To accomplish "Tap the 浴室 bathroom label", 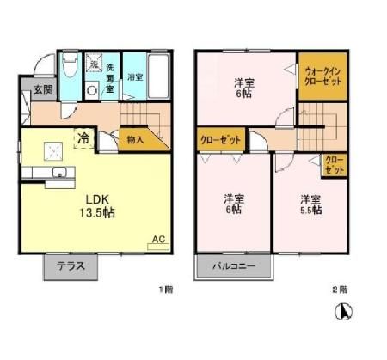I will coord(135,76).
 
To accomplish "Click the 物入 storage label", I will coord(135,137).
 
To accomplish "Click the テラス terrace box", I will coord(71,265).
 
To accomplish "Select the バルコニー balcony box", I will coord(235,266).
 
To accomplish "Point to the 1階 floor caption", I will coord(165,290).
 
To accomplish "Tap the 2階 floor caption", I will coord(341,290).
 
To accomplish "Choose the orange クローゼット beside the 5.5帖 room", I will coord(333,165).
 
